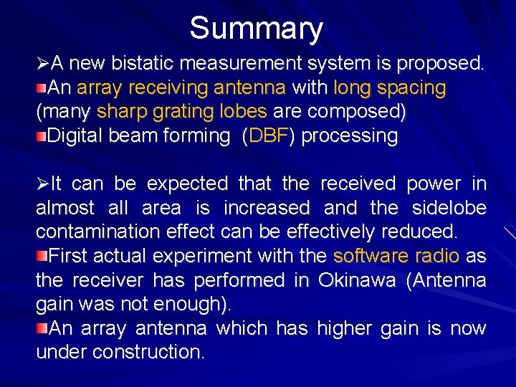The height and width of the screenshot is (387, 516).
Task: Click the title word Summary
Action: coord(257,29)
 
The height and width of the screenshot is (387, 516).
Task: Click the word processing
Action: coord(350,136)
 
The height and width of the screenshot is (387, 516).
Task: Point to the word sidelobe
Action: coord(449,208)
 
